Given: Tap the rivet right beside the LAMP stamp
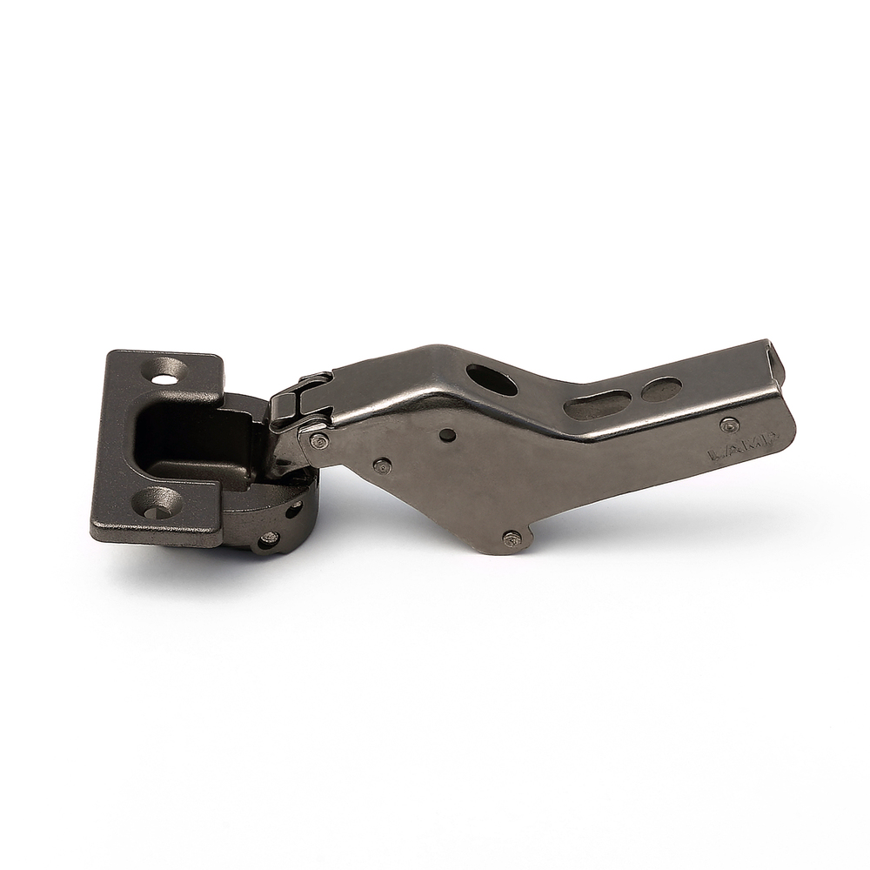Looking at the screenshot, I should click(x=729, y=425).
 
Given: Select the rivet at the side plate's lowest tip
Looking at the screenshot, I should click(x=512, y=539).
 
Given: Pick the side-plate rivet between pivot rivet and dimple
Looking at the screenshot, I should click(x=381, y=465).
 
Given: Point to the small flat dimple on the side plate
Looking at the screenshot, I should click(x=447, y=435).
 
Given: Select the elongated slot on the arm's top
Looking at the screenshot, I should click(x=597, y=403).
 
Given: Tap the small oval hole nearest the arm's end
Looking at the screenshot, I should click(x=662, y=389).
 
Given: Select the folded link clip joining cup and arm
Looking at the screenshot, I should click(x=300, y=398).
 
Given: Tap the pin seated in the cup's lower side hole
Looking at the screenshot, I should click(x=269, y=539).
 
